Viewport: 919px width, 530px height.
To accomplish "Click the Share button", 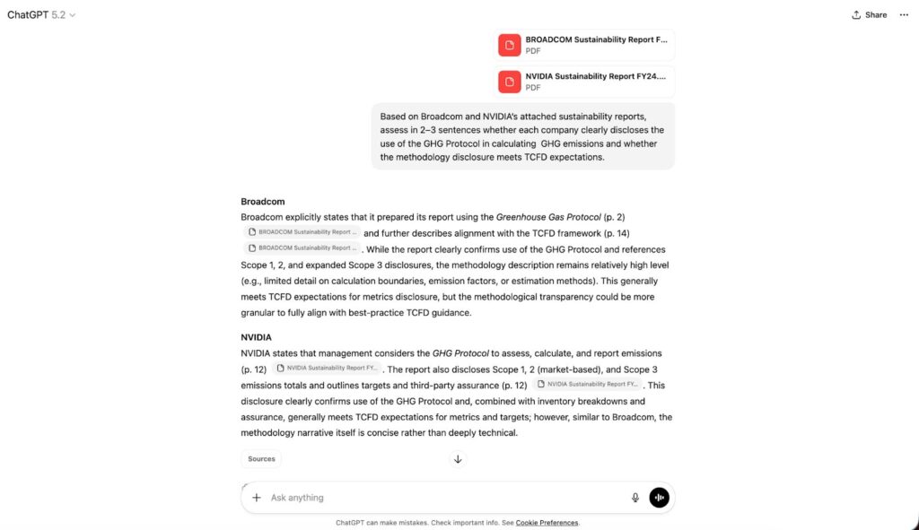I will click(x=869, y=14).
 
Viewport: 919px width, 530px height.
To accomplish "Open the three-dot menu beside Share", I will click(x=904, y=14).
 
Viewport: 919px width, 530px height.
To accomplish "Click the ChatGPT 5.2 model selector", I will click(x=41, y=14).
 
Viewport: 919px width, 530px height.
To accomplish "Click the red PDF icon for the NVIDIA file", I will click(x=510, y=82).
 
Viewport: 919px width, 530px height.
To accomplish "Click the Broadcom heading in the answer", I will click(x=262, y=202).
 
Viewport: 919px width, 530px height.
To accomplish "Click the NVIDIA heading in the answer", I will click(x=256, y=337).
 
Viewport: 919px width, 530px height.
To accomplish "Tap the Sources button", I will click(x=261, y=459).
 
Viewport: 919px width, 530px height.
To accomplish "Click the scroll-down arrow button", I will click(x=458, y=459).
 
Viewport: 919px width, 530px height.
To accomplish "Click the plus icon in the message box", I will click(x=257, y=498).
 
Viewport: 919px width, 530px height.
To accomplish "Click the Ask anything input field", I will click(x=440, y=498).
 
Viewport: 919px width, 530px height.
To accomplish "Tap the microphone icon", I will click(x=635, y=498).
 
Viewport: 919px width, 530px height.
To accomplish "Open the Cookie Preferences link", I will click(x=547, y=523).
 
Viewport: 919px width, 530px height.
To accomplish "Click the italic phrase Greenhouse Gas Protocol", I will click(x=548, y=217).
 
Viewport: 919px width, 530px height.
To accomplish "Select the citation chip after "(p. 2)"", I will click(x=302, y=232).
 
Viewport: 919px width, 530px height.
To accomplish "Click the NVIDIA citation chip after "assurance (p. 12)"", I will click(x=587, y=385).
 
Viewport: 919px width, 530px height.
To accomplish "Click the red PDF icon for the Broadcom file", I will click(x=510, y=45).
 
